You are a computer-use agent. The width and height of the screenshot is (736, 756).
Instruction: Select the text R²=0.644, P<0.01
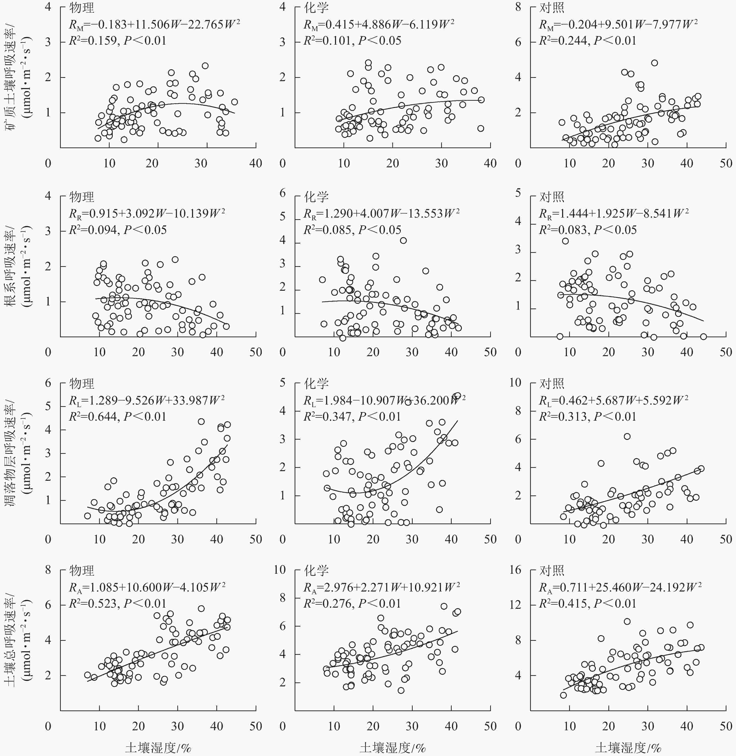click(118, 416)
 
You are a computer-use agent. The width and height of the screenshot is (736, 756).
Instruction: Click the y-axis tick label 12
click(515, 605)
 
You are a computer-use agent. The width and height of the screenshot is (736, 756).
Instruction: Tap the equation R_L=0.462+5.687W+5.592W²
click(614, 400)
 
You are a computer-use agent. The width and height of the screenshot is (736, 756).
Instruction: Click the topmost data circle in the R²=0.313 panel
click(627, 436)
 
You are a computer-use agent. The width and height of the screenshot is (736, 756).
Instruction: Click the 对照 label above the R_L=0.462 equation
click(552, 383)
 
